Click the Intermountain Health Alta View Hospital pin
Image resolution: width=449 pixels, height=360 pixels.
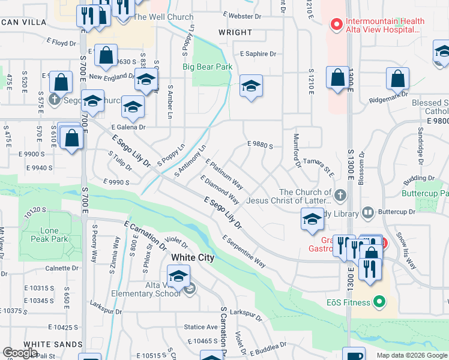[336, 25]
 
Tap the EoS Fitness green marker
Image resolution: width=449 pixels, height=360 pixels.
[379, 302]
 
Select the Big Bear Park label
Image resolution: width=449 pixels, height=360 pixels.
[207, 67]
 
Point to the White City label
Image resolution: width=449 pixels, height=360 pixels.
[193, 257]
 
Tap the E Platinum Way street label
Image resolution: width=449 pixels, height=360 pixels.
[224, 173]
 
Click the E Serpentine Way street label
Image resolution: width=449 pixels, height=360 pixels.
[244, 251]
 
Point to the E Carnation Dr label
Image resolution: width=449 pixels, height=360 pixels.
[145, 235]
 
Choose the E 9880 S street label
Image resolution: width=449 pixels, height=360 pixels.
[260, 145]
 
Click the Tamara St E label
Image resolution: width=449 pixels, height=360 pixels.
[318, 166]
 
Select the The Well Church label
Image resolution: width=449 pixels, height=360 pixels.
[163, 17]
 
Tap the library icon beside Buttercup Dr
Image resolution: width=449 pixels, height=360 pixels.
[368, 213]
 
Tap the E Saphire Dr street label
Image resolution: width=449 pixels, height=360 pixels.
[258, 54]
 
